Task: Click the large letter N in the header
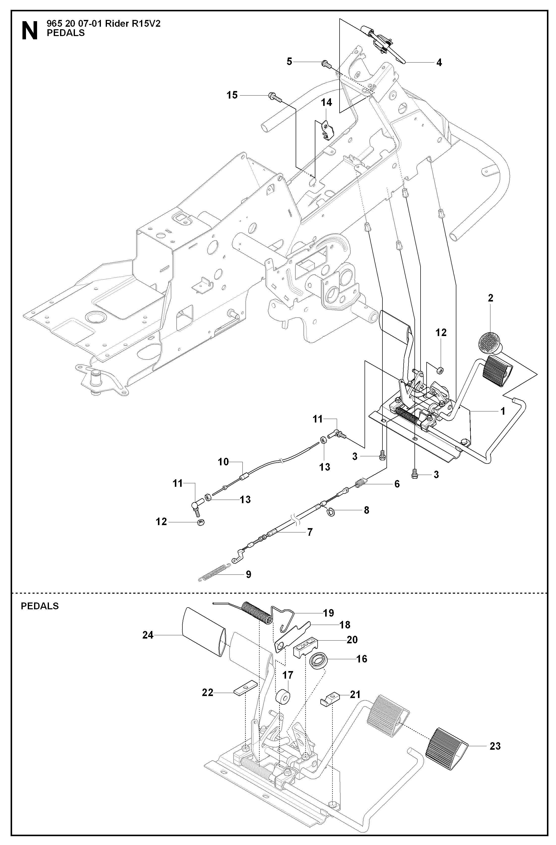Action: point(30,31)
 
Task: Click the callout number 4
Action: point(439,63)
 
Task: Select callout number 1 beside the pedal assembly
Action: point(503,411)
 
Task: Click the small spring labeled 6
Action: point(361,483)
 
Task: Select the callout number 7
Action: point(310,532)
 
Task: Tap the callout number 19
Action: point(329,613)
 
